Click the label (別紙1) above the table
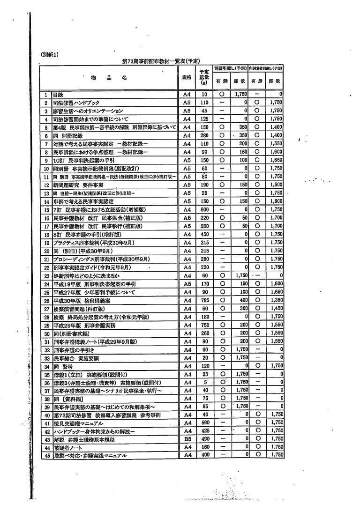[49, 55]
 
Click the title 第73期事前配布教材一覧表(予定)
[161, 61]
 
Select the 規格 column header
[187, 78]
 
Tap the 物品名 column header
[109, 78]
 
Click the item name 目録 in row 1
[59, 95]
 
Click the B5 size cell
[187, 439]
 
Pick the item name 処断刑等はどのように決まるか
[84, 276]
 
